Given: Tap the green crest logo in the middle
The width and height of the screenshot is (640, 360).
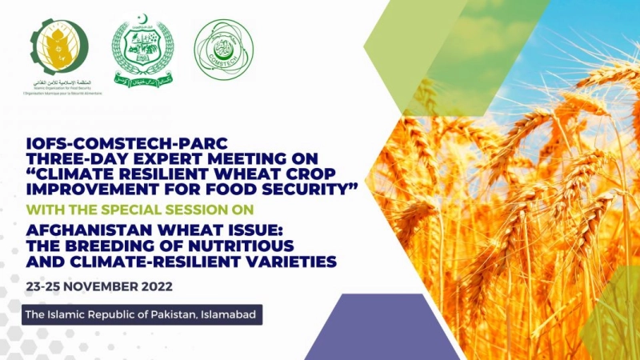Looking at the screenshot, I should click(x=142, y=53).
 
